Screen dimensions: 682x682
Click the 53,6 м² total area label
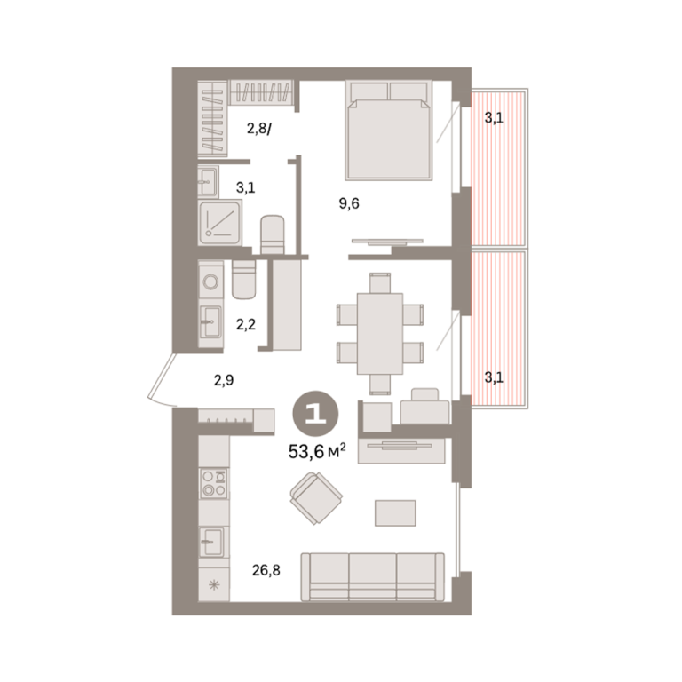point(317,451)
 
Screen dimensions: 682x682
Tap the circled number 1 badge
point(316,414)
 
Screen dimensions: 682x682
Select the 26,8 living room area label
point(266,570)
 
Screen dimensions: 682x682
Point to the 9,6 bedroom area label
point(349,203)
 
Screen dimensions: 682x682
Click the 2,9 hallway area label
point(224,381)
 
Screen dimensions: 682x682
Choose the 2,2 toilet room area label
point(246,324)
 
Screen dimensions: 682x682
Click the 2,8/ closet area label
point(259,129)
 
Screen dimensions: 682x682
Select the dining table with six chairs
point(380,334)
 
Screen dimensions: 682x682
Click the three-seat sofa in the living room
point(373,577)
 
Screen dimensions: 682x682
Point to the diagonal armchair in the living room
point(316,498)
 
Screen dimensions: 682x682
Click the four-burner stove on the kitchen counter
point(214,483)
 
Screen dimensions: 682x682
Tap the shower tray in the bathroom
point(220,223)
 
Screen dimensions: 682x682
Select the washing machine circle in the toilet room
point(211,282)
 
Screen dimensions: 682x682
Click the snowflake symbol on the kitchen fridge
point(214,585)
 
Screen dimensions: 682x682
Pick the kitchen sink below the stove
point(212,543)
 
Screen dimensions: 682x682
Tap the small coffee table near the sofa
point(395,512)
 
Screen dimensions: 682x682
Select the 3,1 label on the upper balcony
point(494,117)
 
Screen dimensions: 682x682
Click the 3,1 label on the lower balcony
point(494,377)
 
